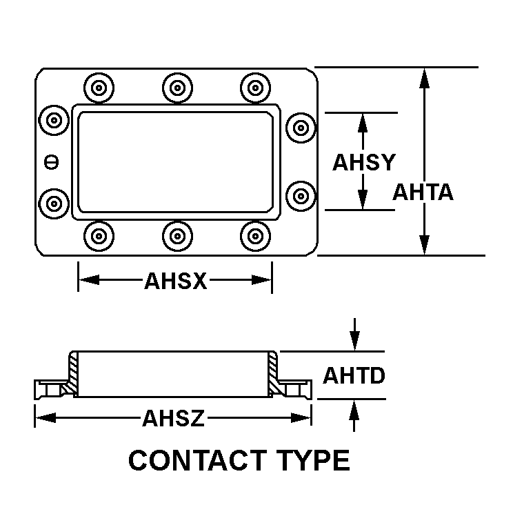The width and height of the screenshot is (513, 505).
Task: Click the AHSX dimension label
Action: click(x=175, y=281)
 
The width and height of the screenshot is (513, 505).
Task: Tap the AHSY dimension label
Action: click(x=363, y=162)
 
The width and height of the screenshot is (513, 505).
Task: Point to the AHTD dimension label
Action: click(x=354, y=376)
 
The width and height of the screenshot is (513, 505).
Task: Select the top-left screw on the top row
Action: click(x=99, y=88)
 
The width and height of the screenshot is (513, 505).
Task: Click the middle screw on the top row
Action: click(x=177, y=88)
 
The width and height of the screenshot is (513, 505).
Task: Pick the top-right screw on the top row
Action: click(x=256, y=88)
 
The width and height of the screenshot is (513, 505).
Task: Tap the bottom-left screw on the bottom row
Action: click(x=99, y=235)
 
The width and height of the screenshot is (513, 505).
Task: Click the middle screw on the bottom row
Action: click(x=177, y=235)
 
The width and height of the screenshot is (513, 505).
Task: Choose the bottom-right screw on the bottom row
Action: click(x=256, y=235)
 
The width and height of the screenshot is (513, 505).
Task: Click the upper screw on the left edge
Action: click(x=53, y=121)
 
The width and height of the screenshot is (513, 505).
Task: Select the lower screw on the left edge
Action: click(x=53, y=202)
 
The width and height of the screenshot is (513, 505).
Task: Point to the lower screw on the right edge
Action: click(x=301, y=194)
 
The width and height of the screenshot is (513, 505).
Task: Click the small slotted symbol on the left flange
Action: click(x=51, y=162)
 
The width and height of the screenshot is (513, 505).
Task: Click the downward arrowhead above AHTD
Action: click(x=354, y=341)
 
